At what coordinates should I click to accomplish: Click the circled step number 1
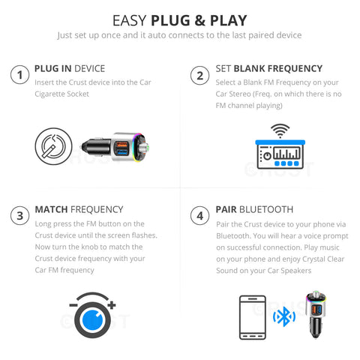pos(19,75)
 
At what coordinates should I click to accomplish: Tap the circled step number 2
pos(199,75)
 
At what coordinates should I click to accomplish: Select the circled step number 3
pos(19,215)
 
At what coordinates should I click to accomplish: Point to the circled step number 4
pos(199,215)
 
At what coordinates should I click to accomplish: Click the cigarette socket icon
pos(53,146)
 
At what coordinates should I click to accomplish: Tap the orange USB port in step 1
pos(121,145)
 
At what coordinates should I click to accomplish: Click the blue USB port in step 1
pos(122,152)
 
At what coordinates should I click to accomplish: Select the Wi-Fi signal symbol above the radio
pos(280,130)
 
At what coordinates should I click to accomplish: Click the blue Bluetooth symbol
pos(284,316)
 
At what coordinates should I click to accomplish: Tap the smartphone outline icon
pos(253,317)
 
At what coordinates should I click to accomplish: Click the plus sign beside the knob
pos(112,305)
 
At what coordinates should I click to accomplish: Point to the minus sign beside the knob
pos(73,305)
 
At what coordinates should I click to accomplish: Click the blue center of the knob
pos(92,320)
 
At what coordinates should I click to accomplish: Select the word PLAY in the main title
pos(229,20)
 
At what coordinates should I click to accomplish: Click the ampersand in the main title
pos(199,20)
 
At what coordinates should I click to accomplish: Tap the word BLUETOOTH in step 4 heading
pos(266,209)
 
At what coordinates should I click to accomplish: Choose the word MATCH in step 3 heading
pos(51,209)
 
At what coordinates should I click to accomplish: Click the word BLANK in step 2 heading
pos(249,68)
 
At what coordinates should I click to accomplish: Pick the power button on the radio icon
pos(268,156)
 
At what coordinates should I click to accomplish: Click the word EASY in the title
pos(130,20)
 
